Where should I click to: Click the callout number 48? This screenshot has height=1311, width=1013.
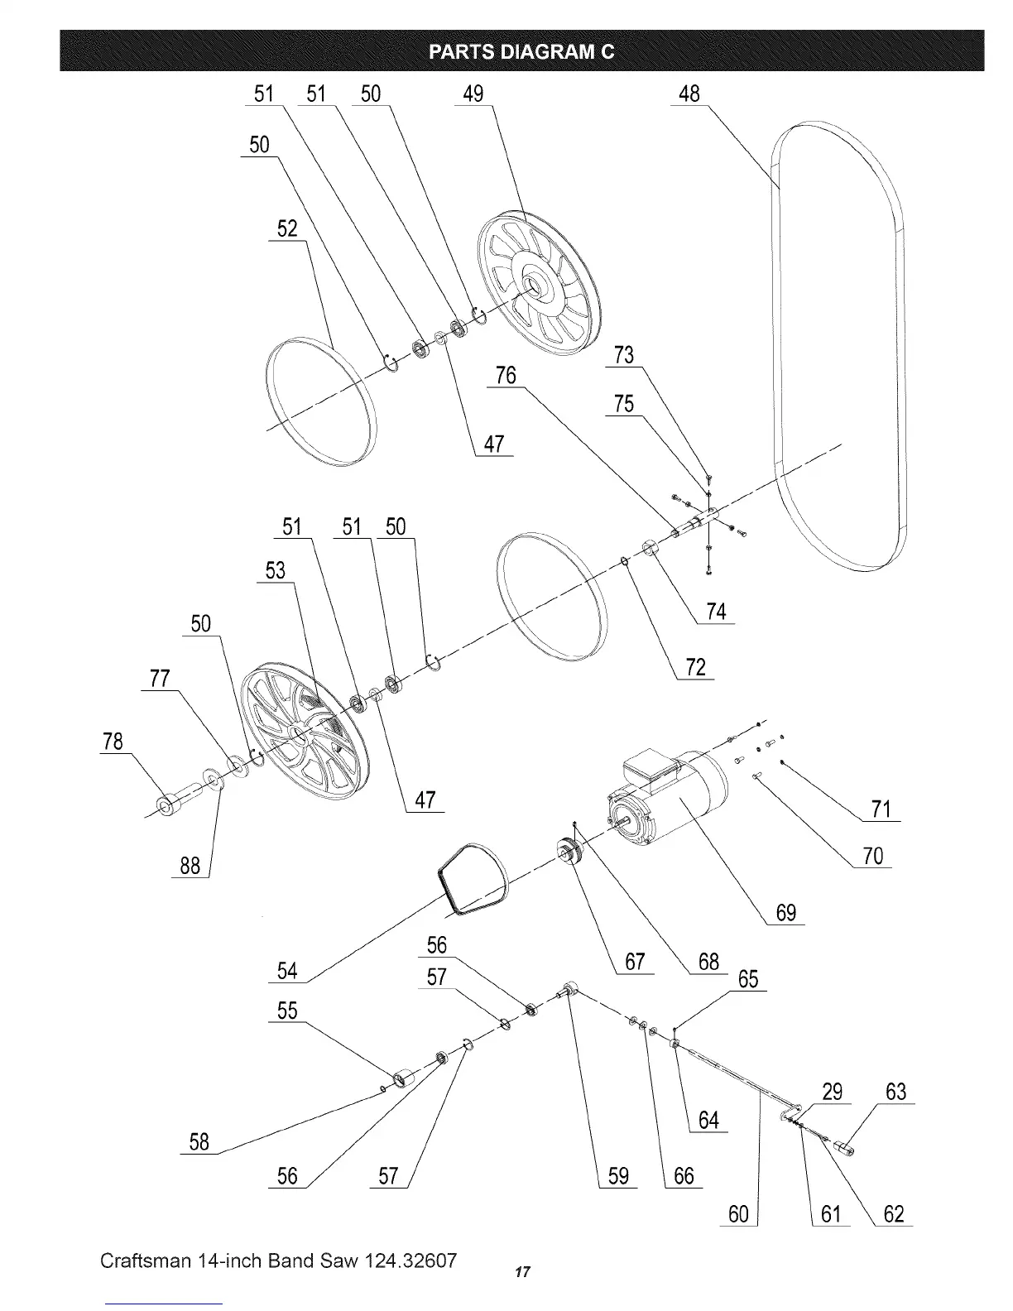tap(689, 94)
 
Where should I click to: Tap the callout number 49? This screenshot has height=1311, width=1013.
tap(473, 94)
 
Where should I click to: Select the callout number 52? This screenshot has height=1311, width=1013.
tap(287, 229)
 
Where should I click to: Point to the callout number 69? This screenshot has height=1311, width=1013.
tap(785, 913)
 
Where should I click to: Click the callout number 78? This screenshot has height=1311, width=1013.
tap(112, 741)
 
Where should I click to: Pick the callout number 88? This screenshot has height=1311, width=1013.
tap(190, 866)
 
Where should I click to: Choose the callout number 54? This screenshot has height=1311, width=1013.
tap(287, 971)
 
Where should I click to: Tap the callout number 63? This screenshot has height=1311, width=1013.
tap(895, 1092)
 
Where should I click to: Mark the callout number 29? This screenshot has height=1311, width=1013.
tap(832, 1092)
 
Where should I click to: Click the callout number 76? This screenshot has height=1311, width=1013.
tap(506, 377)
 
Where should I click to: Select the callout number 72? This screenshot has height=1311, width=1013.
tap(695, 667)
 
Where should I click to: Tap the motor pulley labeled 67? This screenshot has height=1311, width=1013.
tap(569, 853)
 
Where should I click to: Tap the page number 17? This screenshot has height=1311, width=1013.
tap(521, 1271)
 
